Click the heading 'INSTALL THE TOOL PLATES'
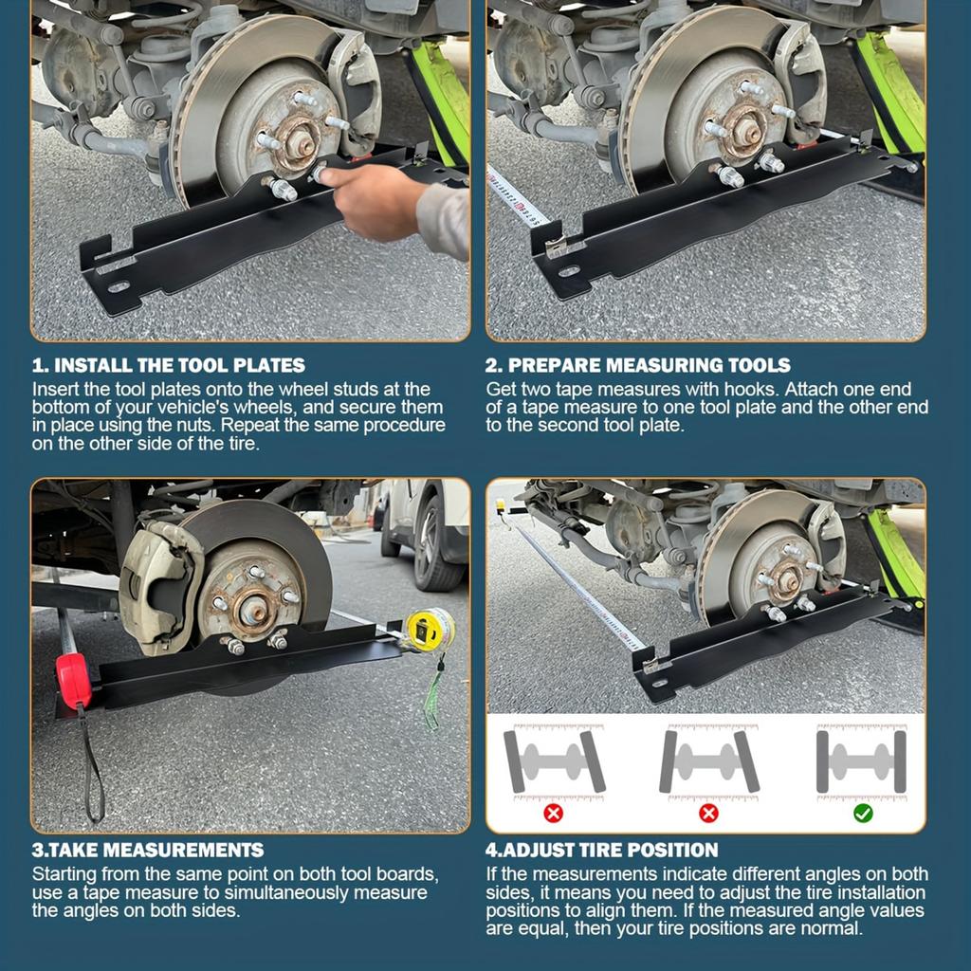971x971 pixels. tap(169, 365)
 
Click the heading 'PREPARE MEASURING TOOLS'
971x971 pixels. tap(638, 365)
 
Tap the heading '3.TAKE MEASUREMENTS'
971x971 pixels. tap(148, 850)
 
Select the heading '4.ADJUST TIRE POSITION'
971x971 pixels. tap(602, 850)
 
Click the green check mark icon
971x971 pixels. tap(863, 814)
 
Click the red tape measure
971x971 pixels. tap(74, 681)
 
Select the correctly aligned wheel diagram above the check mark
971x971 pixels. tap(861, 761)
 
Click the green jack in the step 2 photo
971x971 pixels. tap(891, 95)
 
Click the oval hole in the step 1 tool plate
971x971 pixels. tap(118, 286)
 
